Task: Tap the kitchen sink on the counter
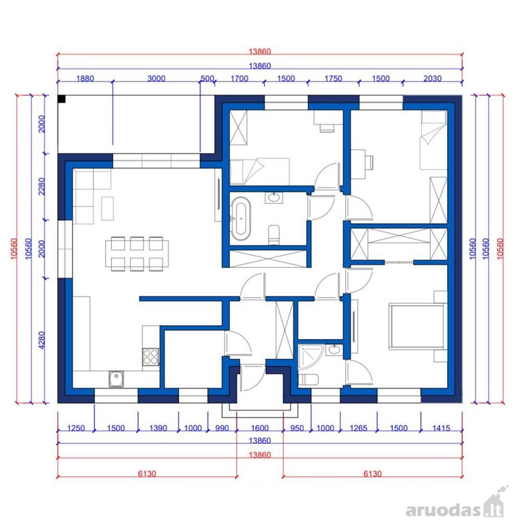pos(116,379)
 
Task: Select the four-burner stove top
pos(151,357)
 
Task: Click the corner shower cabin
pos(311,356)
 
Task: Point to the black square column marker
pos(61,99)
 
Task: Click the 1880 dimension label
pos(85,79)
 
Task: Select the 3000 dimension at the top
pos(157,79)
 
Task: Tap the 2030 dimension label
pos(432,79)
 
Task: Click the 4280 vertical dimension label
pos(42,340)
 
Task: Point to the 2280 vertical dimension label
pos(42,186)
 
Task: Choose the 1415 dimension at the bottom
pos(441,428)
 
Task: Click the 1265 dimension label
pos(358,428)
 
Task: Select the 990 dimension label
pos(222,428)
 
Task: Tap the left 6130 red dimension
pos(147,474)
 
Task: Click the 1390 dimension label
pos(158,428)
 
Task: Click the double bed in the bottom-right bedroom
pos(417,326)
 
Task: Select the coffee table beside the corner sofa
pos(108,209)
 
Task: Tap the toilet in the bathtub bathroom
pos(274,235)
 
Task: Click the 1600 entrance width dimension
pos(259,428)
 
